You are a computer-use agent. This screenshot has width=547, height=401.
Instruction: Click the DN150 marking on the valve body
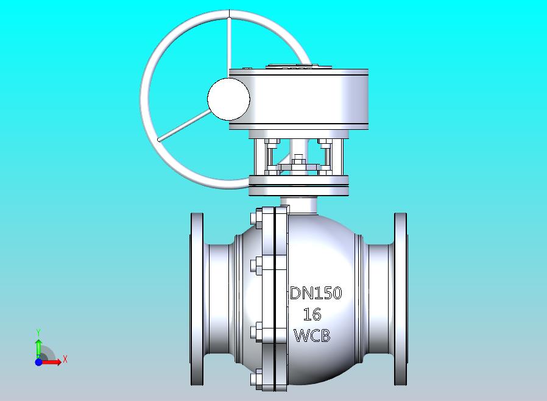point(316,293)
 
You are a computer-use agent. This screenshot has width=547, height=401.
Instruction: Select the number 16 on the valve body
point(312,314)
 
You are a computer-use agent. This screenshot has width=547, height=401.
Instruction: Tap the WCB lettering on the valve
point(312,336)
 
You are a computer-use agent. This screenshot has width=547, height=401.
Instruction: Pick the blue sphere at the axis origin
point(39,362)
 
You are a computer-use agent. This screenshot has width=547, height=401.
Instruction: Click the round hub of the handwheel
point(228,99)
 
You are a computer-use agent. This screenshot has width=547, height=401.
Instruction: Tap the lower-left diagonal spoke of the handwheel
point(183,126)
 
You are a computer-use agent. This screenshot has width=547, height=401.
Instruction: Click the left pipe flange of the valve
point(197,299)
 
